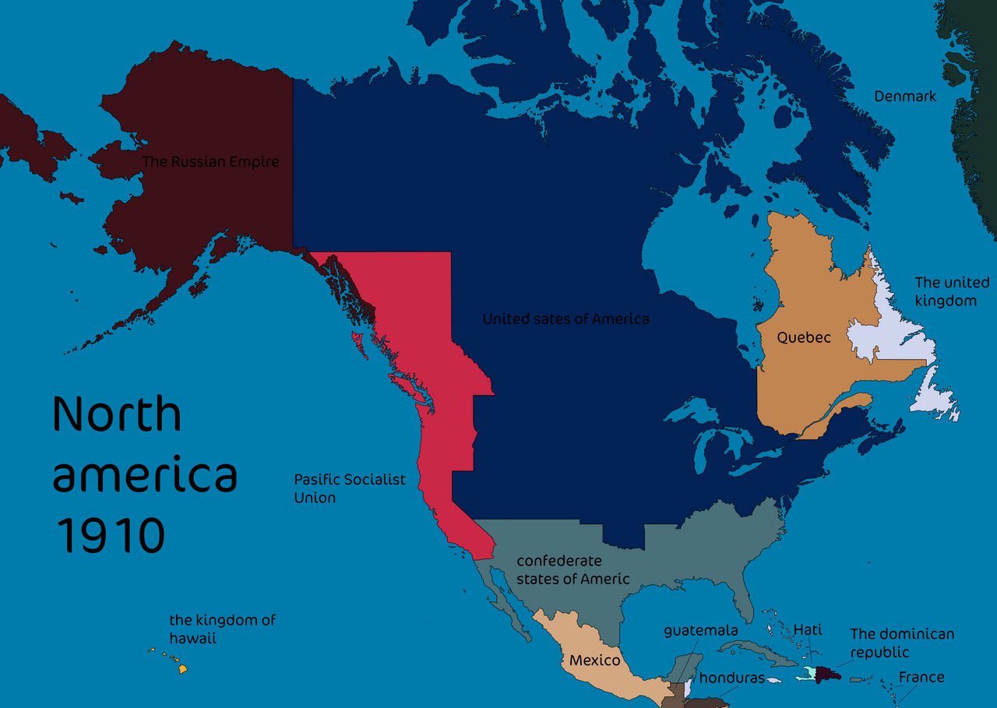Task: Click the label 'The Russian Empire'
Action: point(210,162)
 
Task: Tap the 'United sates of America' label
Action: point(565,319)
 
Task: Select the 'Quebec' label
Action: point(804,337)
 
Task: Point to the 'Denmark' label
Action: point(905,97)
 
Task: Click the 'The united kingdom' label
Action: point(951,291)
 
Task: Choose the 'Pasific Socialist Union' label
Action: point(349,488)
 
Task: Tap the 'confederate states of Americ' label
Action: point(572,569)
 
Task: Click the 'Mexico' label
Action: point(594,660)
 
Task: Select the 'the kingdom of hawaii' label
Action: point(222,629)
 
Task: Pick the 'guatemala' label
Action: point(700,629)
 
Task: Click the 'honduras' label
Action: point(731,678)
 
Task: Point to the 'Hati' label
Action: point(807,629)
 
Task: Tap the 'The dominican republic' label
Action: point(901,643)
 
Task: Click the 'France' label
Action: point(921,677)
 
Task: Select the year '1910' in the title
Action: point(111,535)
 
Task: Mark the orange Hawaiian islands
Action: point(182,668)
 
